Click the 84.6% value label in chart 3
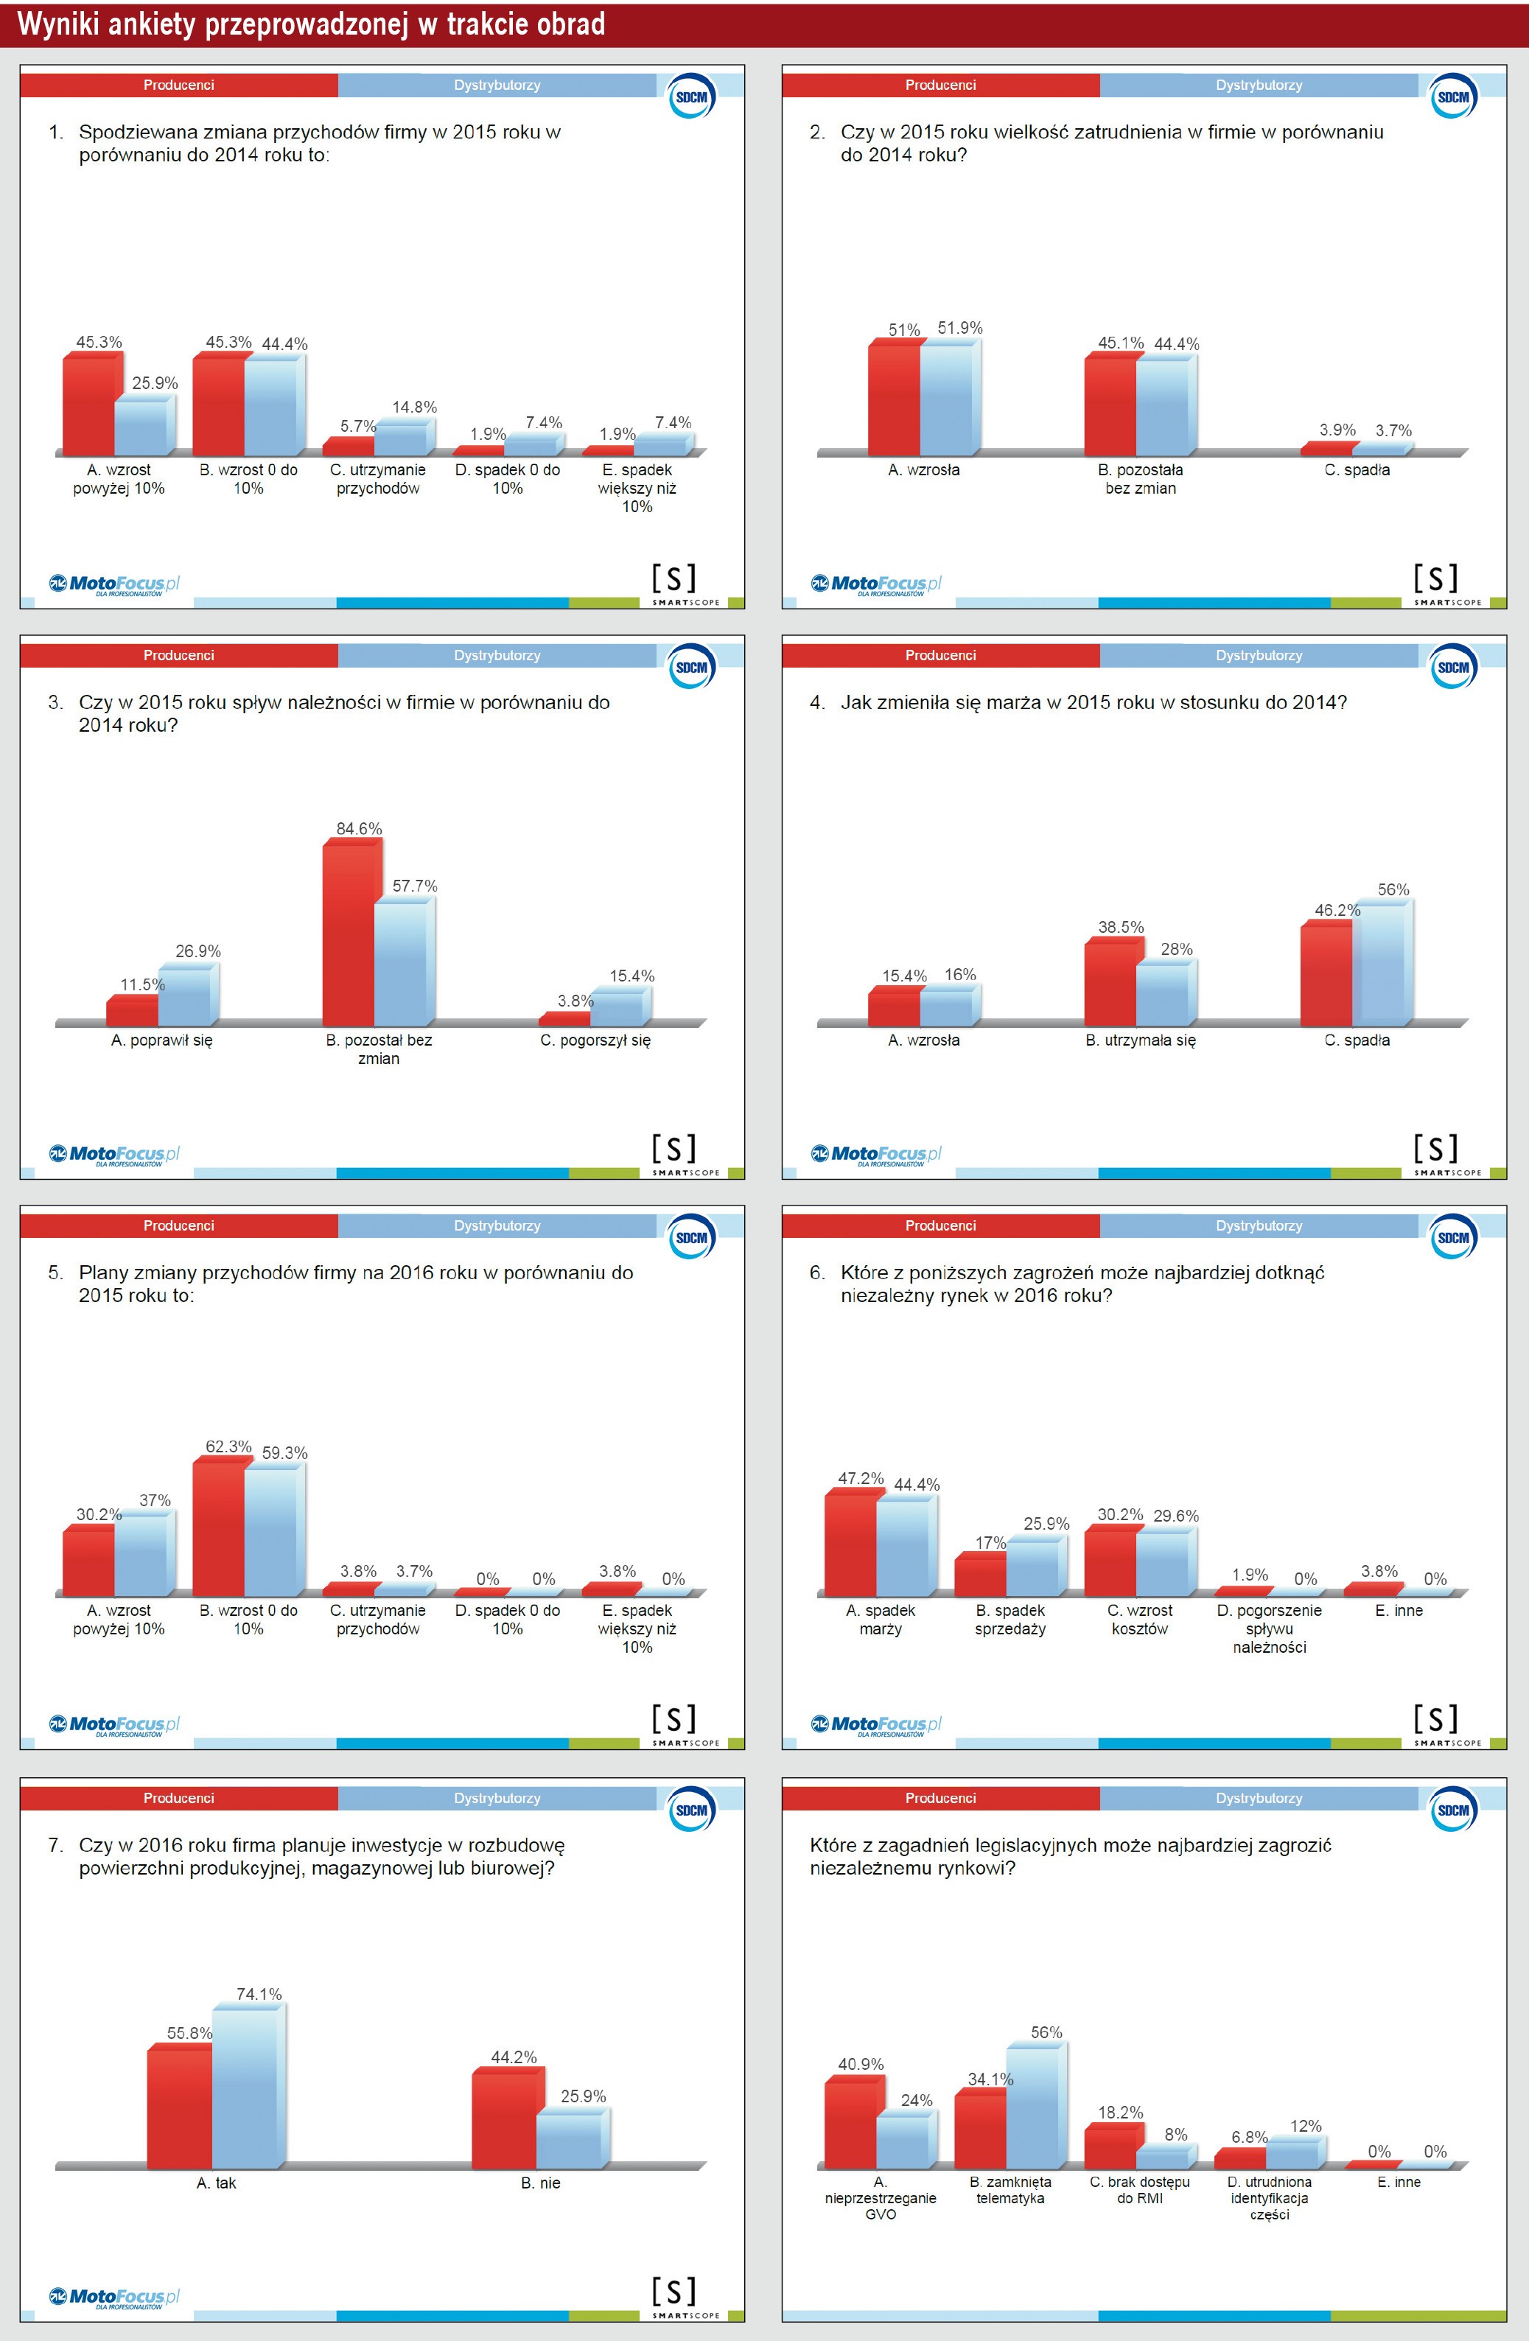tap(358, 828)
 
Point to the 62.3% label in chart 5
tap(228, 1446)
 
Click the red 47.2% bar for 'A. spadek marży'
tap(850, 1545)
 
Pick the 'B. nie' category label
tap(540, 2183)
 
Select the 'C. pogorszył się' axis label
tap(595, 1040)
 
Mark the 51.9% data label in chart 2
tap(959, 328)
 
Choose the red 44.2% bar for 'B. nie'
tap(504, 2120)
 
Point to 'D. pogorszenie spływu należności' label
tap(1269, 1628)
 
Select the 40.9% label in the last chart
tap(860, 2064)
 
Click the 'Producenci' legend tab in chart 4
tap(941, 655)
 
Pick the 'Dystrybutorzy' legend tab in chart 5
tap(497, 1225)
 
